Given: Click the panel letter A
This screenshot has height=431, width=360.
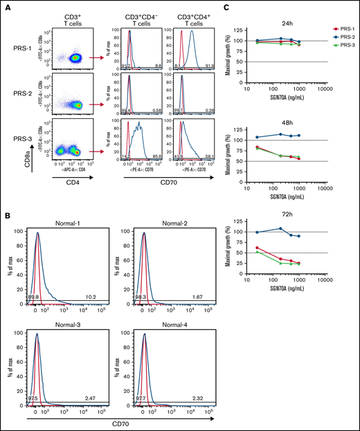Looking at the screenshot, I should pos(6,6).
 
